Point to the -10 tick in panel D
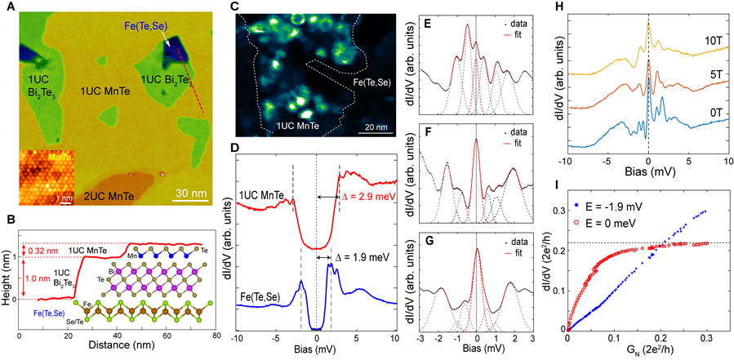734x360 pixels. pos(237,339)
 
